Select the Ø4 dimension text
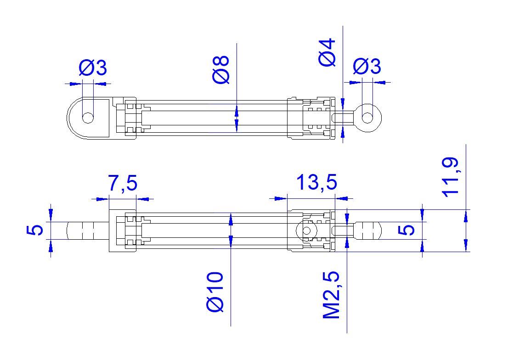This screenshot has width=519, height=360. click(327, 53)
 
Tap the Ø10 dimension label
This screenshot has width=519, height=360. click(215, 292)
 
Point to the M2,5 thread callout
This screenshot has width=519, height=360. click(331, 295)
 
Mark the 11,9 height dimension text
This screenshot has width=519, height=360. click(451, 177)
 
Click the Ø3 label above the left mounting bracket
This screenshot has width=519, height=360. click(93, 67)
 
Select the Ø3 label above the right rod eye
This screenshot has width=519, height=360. click(367, 66)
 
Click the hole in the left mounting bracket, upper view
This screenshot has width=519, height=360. click(88, 118)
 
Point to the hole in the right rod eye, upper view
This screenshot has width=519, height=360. click(367, 118)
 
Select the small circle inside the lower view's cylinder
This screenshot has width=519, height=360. click(306, 231)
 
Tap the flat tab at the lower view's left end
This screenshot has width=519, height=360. click(88, 231)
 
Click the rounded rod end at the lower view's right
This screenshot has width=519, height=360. click(368, 231)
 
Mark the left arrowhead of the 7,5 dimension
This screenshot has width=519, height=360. click(102, 199)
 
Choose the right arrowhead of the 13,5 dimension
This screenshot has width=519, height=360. click(342, 198)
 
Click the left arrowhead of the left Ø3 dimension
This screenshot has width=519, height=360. click(76, 84)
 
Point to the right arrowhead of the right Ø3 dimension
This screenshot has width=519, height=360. click(379, 82)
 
